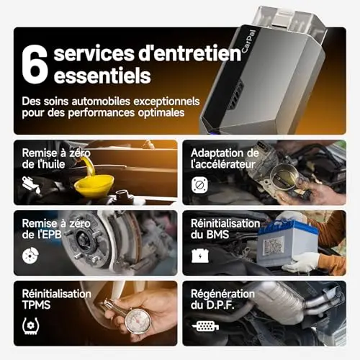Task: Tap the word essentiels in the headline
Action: coord(102,76)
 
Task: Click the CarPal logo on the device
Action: coord(248,41)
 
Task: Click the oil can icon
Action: coord(31,185)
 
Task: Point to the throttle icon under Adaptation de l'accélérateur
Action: coord(199,185)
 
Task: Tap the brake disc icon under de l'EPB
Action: coord(30,255)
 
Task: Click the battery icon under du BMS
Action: coord(200,256)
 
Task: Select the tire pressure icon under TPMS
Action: coord(31,325)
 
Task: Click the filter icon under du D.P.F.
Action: coord(205,326)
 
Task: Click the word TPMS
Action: coord(36,305)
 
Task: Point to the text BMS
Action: coord(217,235)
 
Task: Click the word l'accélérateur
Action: coord(223,164)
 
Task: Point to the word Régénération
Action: coord(222,294)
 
